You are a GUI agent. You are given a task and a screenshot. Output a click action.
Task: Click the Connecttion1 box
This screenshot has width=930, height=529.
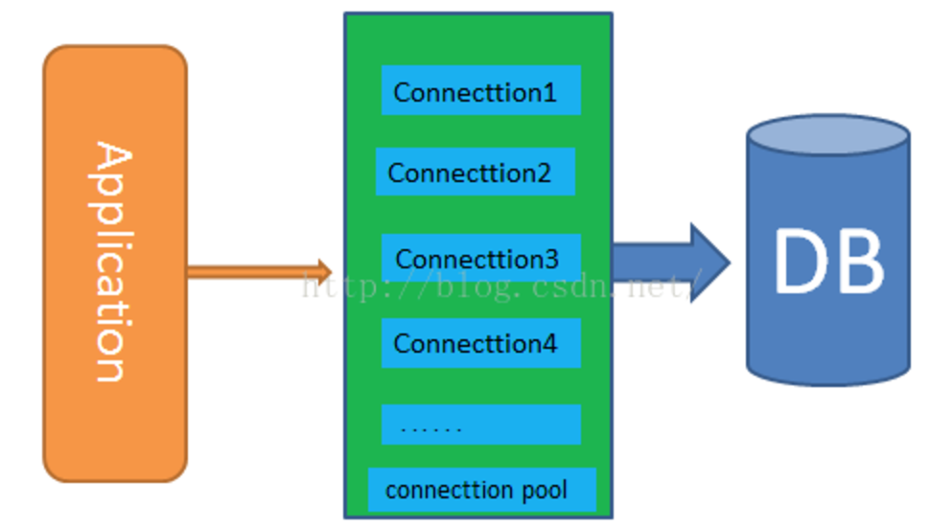(x=481, y=90)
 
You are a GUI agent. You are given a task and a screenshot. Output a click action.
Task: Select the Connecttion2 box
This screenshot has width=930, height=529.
(x=476, y=172)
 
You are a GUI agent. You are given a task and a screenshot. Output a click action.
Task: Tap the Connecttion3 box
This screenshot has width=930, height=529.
(x=481, y=258)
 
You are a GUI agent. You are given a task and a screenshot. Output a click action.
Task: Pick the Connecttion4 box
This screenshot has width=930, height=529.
(x=481, y=343)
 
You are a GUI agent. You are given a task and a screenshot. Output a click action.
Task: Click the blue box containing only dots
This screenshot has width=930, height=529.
(x=481, y=425)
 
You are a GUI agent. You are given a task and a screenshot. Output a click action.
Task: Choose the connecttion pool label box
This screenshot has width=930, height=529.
(x=482, y=490)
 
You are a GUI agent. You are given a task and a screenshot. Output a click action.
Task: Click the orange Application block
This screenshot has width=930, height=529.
(x=116, y=264)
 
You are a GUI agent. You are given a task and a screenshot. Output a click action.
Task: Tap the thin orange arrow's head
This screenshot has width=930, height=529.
(x=324, y=272)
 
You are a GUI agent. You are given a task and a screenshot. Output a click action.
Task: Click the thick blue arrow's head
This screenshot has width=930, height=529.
(x=709, y=263)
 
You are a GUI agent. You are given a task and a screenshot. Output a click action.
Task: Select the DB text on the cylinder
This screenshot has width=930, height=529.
(x=829, y=261)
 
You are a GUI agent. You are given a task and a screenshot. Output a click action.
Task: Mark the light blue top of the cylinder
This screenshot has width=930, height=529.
(x=828, y=135)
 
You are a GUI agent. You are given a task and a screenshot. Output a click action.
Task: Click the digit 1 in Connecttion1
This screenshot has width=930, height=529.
(x=549, y=92)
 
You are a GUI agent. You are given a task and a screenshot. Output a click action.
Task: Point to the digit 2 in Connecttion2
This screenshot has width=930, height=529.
(x=544, y=172)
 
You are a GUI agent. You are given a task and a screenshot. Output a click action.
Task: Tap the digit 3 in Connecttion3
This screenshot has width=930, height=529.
(x=551, y=259)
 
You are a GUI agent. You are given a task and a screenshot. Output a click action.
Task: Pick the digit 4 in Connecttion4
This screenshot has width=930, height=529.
(x=549, y=343)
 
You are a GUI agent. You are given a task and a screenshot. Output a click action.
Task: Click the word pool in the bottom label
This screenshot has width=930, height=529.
(x=545, y=490)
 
